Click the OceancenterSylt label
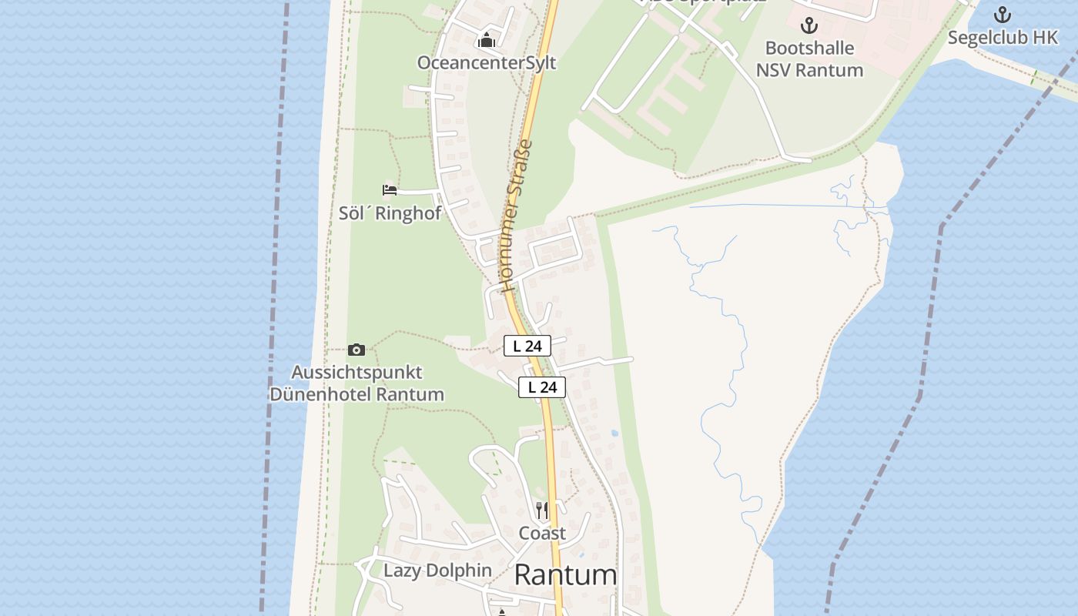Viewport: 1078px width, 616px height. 487,63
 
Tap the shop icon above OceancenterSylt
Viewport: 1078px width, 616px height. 487,41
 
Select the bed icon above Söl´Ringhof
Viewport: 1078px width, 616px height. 390,190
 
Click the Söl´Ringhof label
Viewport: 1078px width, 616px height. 390,213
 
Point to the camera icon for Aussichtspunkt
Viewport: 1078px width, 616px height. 356,350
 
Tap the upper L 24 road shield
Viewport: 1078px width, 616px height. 527,346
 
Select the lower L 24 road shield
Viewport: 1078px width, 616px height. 542,387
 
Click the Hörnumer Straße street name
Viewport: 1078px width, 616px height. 517,216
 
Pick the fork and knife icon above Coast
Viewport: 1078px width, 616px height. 542,510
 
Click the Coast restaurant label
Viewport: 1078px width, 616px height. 542,533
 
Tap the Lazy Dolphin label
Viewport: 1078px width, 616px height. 437,571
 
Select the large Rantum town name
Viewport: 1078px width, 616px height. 565,575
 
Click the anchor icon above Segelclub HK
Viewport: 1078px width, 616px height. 1003,15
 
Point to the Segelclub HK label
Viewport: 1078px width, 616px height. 1003,38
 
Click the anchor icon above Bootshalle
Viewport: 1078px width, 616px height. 809,26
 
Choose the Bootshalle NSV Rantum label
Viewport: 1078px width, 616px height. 809,59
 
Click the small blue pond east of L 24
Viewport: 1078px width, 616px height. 614,434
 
